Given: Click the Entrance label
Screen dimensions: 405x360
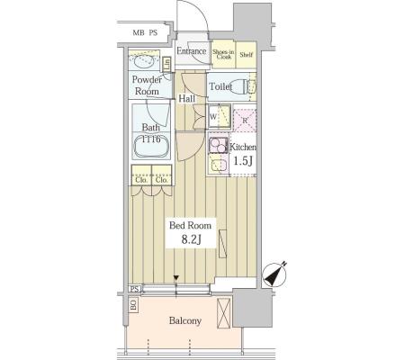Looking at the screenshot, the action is click(x=192, y=51).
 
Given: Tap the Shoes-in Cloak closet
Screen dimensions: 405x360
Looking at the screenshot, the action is click(x=223, y=54).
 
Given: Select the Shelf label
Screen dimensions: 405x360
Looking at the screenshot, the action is click(x=247, y=55).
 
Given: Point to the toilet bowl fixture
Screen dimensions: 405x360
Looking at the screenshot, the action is click(x=240, y=86).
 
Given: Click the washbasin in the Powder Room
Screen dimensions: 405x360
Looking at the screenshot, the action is click(x=143, y=62).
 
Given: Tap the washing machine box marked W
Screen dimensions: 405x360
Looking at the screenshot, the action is click(x=220, y=117).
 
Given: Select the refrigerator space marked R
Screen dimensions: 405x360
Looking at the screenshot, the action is click(x=245, y=121).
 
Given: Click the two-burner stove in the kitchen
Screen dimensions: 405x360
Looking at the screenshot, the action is click(x=219, y=145).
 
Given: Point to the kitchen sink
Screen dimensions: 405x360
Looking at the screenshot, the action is click(x=218, y=165).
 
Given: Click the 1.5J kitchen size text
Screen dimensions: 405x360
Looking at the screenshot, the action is click(x=243, y=161).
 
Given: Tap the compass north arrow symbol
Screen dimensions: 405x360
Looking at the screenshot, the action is click(x=274, y=274).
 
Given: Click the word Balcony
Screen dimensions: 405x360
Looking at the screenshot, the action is click(x=185, y=320).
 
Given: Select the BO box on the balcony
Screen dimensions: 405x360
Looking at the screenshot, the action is click(x=133, y=305).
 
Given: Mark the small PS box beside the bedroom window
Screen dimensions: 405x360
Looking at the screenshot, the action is click(x=135, y=289).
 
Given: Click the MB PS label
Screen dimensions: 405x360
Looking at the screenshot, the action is click(x=145, y=32).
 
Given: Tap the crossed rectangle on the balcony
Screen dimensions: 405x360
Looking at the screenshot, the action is click(x=224, y=313).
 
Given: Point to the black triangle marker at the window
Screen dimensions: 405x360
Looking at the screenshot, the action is click(x=176, y=278).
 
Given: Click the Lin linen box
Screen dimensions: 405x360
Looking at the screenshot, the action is click(x=166, y=64).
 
